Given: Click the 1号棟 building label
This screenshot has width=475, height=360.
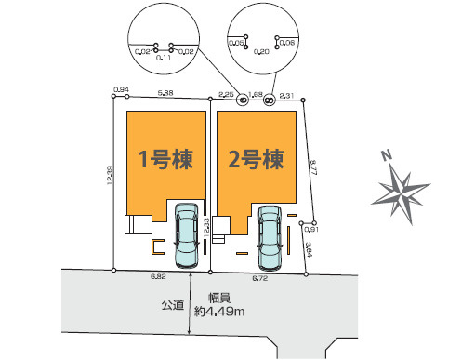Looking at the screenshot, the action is click(165, 159).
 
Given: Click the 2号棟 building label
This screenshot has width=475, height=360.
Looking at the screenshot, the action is click(255, 159).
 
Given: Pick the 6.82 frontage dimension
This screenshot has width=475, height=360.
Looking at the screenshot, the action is click(158, 276).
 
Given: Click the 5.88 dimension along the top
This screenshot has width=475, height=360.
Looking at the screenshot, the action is click(165, 93).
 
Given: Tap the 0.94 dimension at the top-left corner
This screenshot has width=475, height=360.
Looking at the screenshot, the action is click(119, 89).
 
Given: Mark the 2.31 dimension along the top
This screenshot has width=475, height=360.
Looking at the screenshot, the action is click(287, 94).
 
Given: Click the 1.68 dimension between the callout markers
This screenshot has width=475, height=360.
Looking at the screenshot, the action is click(256, 93).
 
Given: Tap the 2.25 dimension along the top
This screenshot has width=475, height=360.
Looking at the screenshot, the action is click(225, 94).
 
